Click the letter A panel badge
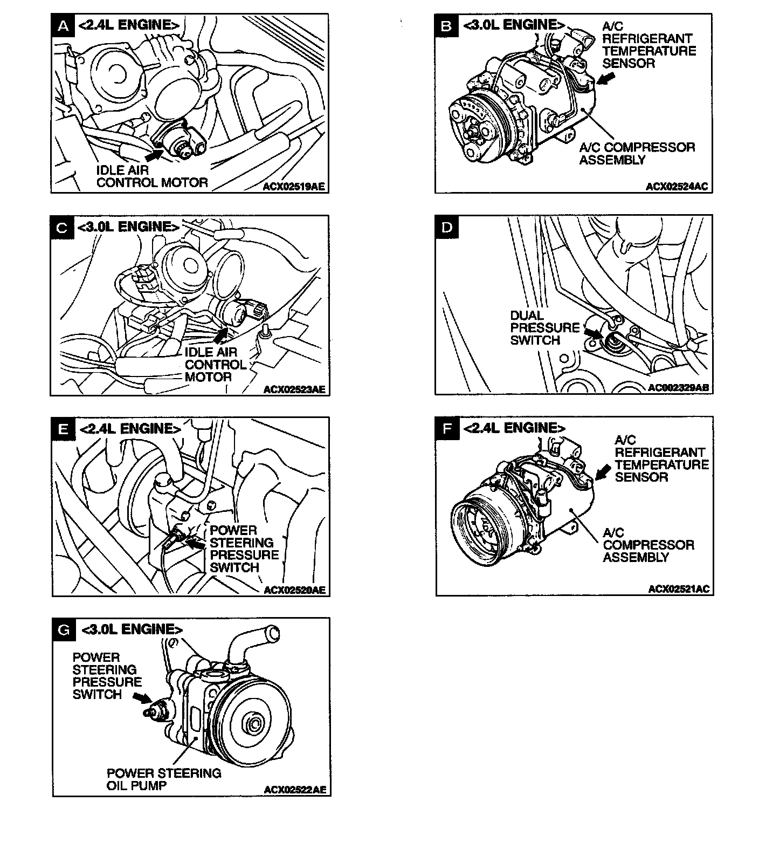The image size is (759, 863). pos(63,25)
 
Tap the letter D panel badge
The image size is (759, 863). pos(447,227)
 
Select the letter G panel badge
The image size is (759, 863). pos(64,629)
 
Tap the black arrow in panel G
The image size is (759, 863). pos(142,698)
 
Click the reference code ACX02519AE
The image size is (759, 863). pos(294,187)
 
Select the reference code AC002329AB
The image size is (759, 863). pos(679,388)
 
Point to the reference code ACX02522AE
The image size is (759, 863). pos(295,790)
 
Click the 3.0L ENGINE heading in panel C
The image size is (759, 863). pos(128,227)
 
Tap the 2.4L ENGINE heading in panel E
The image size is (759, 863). pos(129,429)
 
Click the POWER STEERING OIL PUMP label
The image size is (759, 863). pos(164,779)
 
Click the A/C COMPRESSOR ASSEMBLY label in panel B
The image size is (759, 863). pos(637,154)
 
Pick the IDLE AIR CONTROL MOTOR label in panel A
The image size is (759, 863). pos(151,176)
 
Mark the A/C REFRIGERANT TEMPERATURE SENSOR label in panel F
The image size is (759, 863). pos(661,458)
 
